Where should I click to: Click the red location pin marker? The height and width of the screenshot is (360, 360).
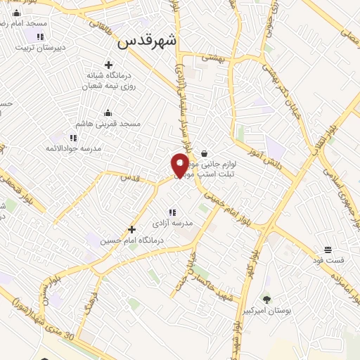(x=180, y=164)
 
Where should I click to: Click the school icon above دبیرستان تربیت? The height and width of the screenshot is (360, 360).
(x=40, y=37)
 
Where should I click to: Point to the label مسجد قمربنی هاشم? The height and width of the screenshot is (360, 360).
(x=110, y=124)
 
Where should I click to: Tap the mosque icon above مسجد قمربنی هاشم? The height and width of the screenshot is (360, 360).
(x=108, y=112)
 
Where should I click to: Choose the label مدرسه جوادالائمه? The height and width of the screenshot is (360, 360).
(x=71, y=148)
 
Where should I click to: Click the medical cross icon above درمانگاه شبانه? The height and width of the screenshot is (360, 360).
(x=108, y=65)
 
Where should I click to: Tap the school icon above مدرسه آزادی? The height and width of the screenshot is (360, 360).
(x=172, y=212)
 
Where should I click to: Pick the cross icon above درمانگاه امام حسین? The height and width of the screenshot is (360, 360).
(x=131, y=229)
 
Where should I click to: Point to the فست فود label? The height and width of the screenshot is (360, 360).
(x=329, y=261)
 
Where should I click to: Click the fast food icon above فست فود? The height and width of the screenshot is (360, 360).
(x=328, y=250)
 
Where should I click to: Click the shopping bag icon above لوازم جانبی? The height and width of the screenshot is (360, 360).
(x=204, y=153)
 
